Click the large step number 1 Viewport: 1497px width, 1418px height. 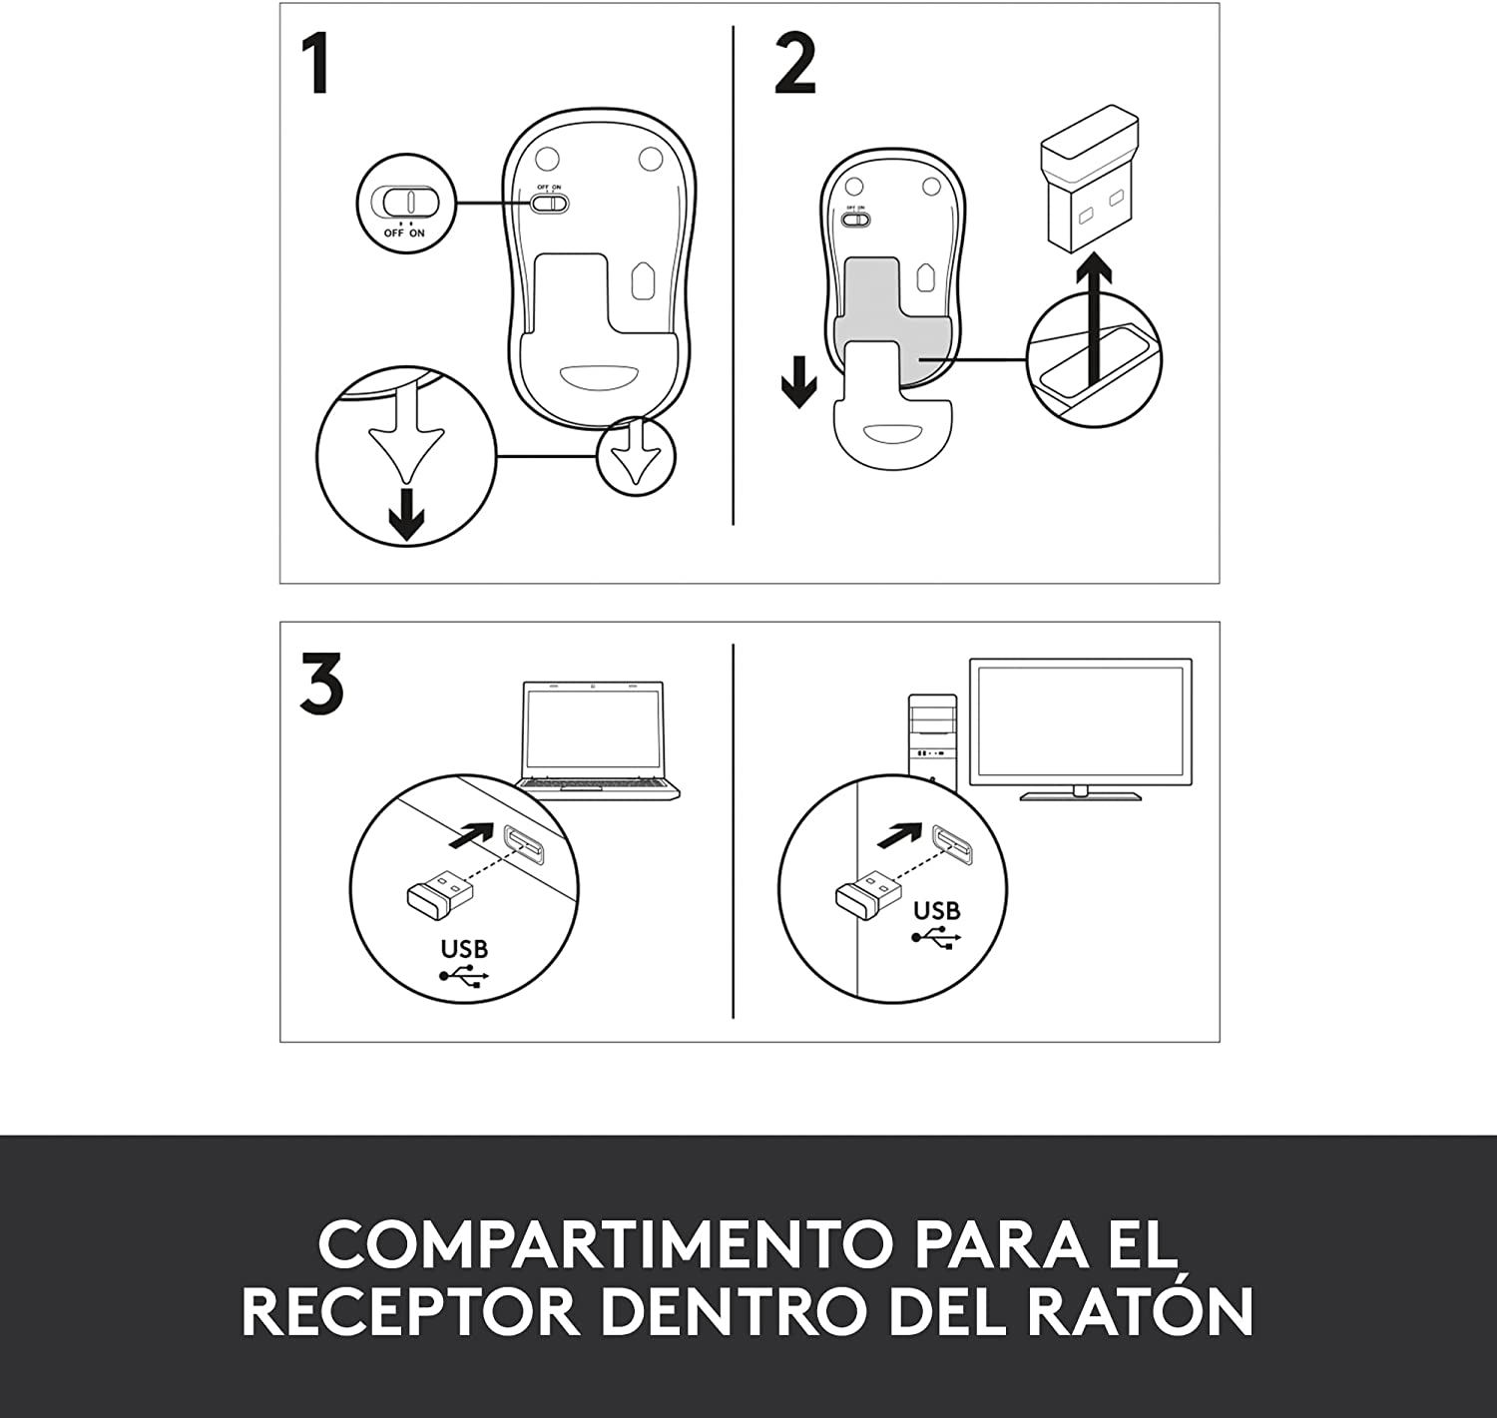(316, 63)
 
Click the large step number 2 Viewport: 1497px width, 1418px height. (795, 65)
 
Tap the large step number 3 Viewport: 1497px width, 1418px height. (322, 684)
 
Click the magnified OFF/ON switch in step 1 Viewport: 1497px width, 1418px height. (410, 202)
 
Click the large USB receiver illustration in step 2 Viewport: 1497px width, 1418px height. (1089, 180)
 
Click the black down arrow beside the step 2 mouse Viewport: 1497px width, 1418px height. (798, 381)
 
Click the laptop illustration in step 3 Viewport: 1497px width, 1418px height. (596, 740)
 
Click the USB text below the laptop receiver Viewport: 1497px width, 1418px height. (464, 949)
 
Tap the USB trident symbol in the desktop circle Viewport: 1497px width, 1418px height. (936, 937)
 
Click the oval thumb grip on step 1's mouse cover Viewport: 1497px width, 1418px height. (599, 376)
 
